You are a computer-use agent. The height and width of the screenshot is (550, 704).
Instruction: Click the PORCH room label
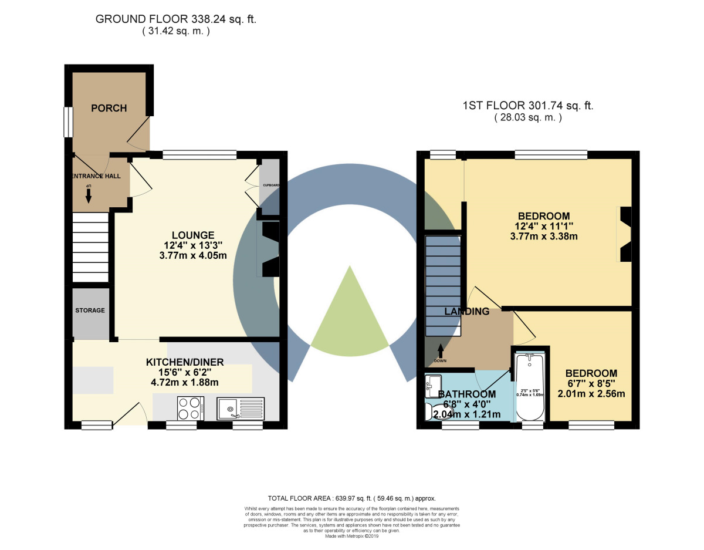[x=109, y=108]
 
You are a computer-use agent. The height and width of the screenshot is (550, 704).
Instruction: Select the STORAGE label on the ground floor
[x=90, y=310]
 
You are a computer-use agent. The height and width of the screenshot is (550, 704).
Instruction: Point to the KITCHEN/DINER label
[x=185, y=362]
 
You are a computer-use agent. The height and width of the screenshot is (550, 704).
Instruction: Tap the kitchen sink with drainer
[x=241, y=407]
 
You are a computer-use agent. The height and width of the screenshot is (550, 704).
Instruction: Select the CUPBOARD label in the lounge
[x=270, y=185]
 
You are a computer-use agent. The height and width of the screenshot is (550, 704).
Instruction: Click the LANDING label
[x=466, y=312]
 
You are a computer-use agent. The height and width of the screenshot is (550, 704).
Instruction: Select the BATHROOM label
[x=467, y=394]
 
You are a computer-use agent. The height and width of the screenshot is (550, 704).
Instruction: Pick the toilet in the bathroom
[x=429, y=410]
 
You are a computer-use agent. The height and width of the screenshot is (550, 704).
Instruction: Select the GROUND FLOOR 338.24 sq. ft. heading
[x=176, y=19]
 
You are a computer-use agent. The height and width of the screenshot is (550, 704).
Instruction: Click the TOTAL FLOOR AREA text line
[x=351, y=498]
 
